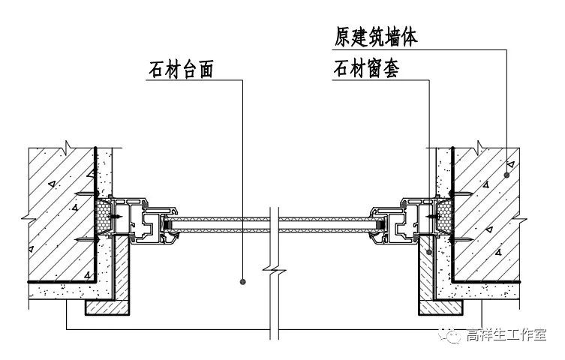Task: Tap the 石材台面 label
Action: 182,69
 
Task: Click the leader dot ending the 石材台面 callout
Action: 244,281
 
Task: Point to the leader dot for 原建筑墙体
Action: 508,174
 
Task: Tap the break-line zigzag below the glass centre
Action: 275,268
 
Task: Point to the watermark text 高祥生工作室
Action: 506,335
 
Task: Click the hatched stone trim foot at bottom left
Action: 105,307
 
